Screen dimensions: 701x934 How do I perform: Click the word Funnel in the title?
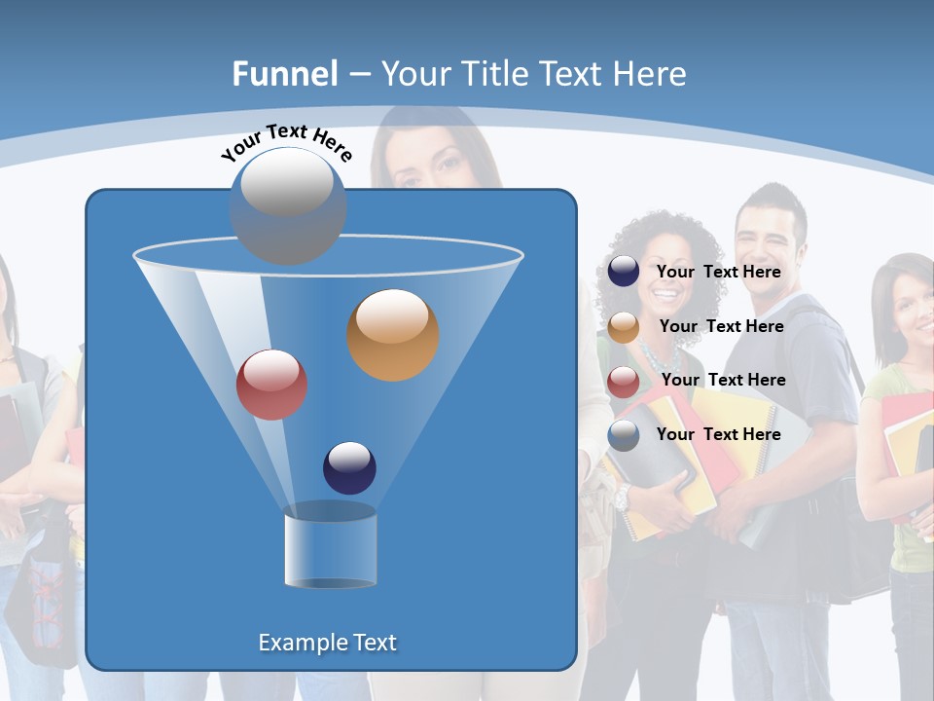tap(284, 74)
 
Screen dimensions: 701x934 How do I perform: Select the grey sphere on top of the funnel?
tap(288, 205)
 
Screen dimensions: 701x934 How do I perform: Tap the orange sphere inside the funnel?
tap(392, 335)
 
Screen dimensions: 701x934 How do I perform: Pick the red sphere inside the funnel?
tap(272, 385)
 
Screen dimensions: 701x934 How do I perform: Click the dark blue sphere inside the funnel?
tap(349, 467)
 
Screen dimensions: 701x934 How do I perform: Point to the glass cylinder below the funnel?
tap(330, 547)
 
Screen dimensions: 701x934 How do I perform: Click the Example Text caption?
tap(327, 643)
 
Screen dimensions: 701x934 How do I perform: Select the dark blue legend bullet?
tap(624, 272)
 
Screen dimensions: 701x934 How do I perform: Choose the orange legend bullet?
tap(624, 327)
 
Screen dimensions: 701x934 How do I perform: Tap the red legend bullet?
tap(624, 382)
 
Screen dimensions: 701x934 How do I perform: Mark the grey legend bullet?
tap(624, 435)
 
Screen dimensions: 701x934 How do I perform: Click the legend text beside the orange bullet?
tap(721, 326)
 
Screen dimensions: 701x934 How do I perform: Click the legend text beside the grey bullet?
tap(719, 434)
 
